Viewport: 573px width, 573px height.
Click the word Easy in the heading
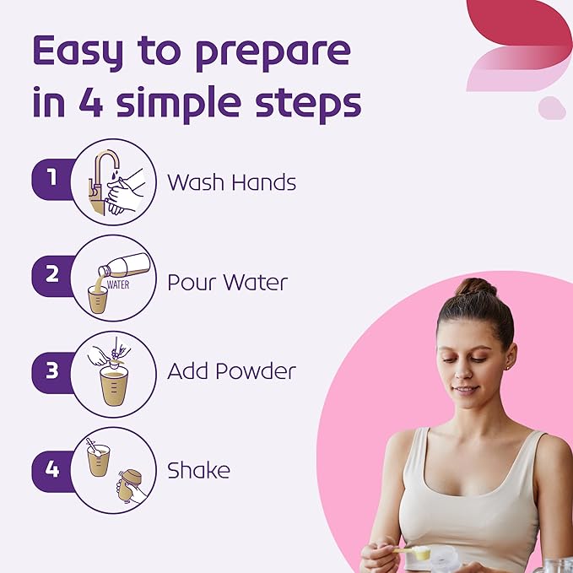click(78, 51)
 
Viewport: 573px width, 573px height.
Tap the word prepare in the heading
click(273, 54)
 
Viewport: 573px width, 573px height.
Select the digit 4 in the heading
click(91, 102)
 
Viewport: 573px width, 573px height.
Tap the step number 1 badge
click(52, 179)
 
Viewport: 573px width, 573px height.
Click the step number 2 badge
click(52, 276)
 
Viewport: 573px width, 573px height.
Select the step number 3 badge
click(52, 371)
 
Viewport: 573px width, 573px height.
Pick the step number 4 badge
click(52, 470)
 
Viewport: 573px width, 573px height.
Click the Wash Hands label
click(232, 182)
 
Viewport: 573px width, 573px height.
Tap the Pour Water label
click(227, 282)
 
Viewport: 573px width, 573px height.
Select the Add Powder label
click(232, 371)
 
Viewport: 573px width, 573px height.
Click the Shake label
click(198, 470)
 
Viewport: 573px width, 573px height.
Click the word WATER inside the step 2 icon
click(118, 284)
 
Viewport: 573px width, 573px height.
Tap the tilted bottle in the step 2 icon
click(125, 265)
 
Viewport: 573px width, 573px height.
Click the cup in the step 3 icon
click(114, 386)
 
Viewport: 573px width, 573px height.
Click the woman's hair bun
click(475, 287)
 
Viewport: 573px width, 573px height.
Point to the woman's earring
click(509, 366)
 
